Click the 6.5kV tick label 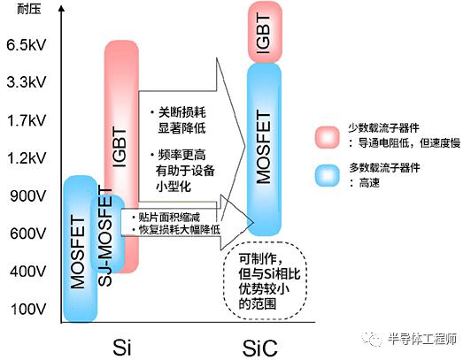(27, 45)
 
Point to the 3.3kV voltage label (27, 82)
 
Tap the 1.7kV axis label (27, 120)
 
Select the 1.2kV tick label (27, 158)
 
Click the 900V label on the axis (28, 195)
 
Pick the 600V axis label (28, 234)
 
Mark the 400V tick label (28, 272)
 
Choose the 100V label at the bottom (28, 309)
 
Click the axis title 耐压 (29, 9)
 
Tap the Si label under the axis (122, 348)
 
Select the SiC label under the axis (259, 348)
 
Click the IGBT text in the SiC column (264, 34)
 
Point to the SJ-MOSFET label (105, 237)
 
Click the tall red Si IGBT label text (120, 148)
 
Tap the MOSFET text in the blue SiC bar (264, 147)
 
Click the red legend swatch (327, 137)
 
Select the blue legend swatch (327, 175)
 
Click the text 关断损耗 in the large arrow (182, 113)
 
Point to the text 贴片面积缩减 (169, 218)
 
